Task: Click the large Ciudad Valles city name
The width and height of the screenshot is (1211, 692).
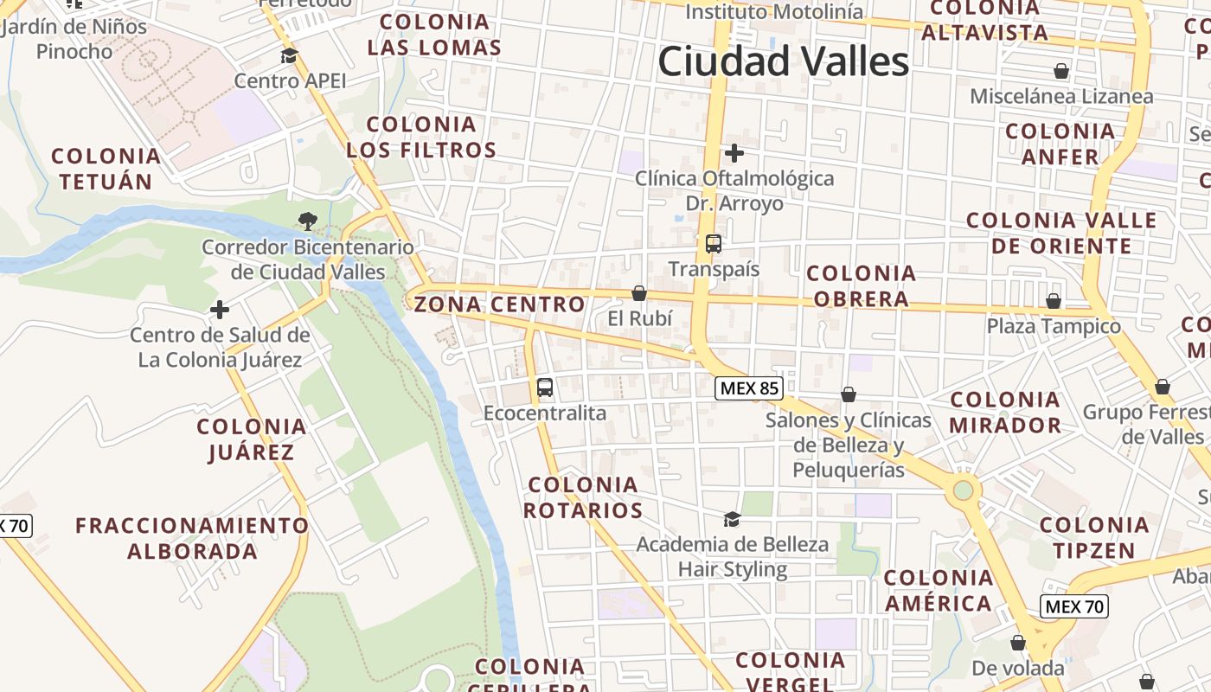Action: pos(783,62)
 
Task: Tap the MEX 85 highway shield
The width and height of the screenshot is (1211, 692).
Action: pos(749,388)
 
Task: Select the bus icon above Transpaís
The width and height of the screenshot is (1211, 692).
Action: pos(714,244)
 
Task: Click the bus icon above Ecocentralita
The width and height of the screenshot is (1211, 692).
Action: pos(545,388)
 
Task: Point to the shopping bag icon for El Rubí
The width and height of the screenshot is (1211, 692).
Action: pos(639,294)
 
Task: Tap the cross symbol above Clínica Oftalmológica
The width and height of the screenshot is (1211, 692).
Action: pos(734,154)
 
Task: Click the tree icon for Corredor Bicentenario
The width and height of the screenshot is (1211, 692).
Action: pos(307,221)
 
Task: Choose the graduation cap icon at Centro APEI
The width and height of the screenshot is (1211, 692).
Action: pos(289,56)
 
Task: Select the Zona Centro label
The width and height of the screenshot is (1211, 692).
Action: pos(499,304)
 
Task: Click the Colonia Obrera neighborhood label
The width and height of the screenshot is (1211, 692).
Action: pos(861,286)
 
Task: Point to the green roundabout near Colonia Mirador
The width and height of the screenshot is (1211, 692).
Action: pos(963,491)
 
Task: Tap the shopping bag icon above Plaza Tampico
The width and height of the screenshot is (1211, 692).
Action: pos(1054,301)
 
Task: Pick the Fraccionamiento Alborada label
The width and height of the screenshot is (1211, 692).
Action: pos(192,538)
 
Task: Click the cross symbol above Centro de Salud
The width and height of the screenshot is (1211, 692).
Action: pos(220,309)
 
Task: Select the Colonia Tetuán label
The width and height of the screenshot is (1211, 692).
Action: pos(106,169)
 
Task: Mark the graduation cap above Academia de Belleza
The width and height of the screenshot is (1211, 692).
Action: pos(732,519)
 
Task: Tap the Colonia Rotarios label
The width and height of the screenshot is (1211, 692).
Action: pos(583,497)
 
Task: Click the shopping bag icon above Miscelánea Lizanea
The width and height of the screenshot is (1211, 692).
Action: pos(1061,71)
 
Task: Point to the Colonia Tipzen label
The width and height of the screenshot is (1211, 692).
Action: pos(1094,537)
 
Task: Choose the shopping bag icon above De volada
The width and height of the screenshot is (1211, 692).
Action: pos(1018,643)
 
